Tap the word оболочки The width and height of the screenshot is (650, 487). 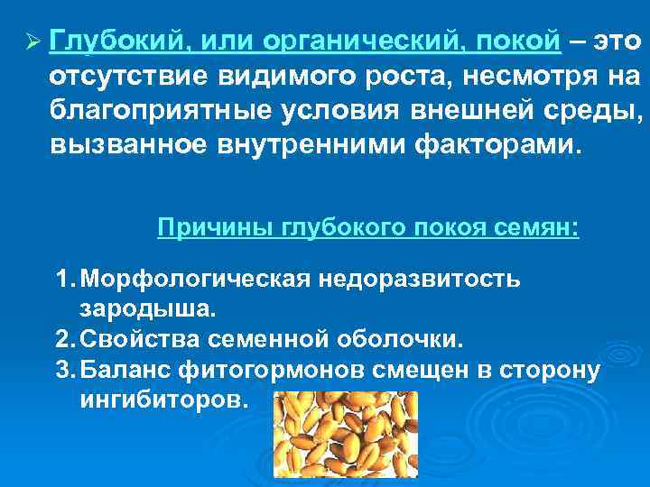click(x=411, y=339)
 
